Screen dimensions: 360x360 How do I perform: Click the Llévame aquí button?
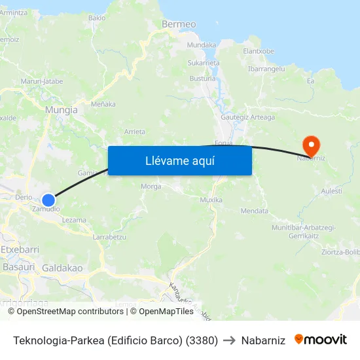pyautogui.click(x=179, y=160)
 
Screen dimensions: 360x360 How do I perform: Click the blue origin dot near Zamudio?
pyautogui.click(x=48, y=200)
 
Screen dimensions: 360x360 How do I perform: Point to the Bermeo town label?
pyautogui.click(x=179, y=24)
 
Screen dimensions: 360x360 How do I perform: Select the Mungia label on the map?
pyautogui.click(x=62, y=110)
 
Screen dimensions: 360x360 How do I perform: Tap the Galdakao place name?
pyautogui.click(x=62, y=268)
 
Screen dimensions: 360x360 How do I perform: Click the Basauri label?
pyautogui.click(x=19, y=267)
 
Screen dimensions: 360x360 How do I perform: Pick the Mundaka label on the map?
pyautogui.click(x=202, y=45)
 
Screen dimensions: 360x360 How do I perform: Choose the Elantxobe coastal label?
pyautogui.click(x=259, y=50)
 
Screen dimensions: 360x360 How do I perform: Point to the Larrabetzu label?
pyautogui.click(x=109, y=236)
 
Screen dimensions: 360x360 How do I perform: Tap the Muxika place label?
pyautogui.click(x=211, y=199)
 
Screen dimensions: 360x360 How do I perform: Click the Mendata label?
pyautogui.click(x=255, y=211)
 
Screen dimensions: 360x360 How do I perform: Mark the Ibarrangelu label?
pyautogui.click(x=266, y=68)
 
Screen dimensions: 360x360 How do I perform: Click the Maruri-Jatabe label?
pyautogui.click(x=42, y=81)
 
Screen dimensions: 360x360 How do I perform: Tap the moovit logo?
pyautogui.click(x=321, y=340)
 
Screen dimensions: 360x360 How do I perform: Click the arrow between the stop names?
pyautogui.click(x=229, y=340)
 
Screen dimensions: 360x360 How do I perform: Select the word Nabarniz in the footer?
pyautogui.click(x=263, y=340)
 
